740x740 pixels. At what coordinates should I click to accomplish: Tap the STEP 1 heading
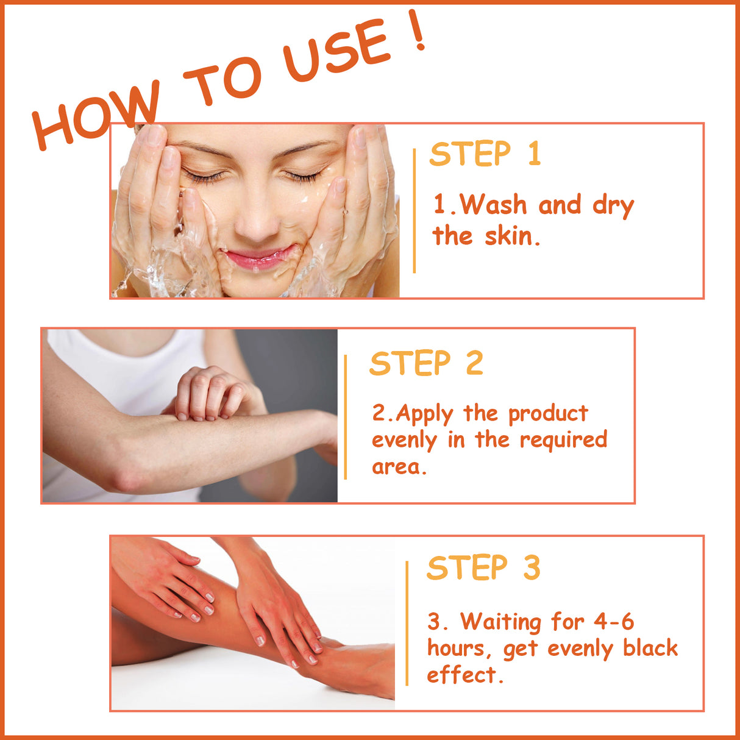(485, 154)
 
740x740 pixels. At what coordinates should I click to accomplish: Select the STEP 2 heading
(425, 364)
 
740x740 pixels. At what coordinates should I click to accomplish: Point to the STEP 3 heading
(483, 568)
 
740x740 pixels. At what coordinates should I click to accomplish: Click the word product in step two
(548, 414)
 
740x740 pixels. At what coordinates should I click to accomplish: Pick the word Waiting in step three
(500, 622)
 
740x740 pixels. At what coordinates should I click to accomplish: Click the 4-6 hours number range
(613, 622)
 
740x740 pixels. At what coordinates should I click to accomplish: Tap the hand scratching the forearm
(210, 393)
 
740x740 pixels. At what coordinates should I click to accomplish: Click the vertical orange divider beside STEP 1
(414, 210)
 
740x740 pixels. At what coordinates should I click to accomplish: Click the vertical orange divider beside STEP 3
(407, 623)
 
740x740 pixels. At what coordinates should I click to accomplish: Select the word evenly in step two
(404, 441)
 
